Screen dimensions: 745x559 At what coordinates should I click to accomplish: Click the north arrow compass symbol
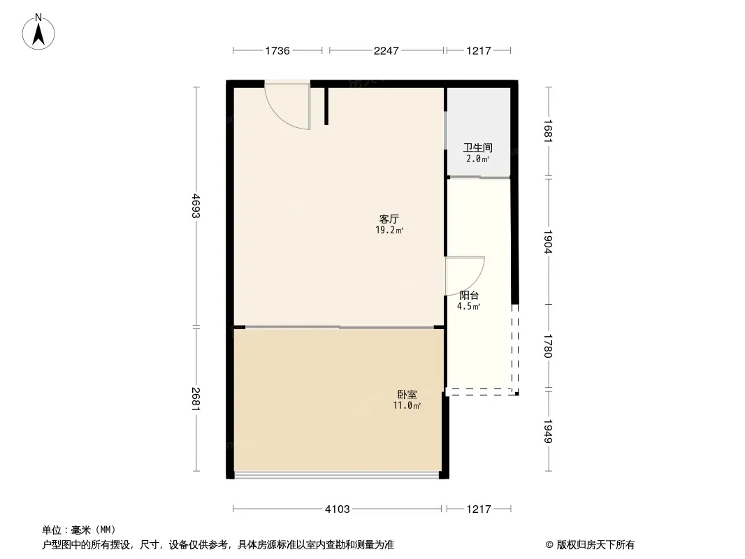click(x=38, y=32)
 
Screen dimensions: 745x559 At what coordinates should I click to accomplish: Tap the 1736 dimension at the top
click(x=277, y=50)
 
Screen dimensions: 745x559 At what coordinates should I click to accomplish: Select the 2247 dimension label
click(x=386, y=50)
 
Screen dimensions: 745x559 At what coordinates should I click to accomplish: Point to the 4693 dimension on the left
click(x=196, y=206)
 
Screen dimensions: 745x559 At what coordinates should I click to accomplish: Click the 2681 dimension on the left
click(x=196, y=399)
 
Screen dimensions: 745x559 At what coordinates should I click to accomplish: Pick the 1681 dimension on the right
click(x=549, y=131)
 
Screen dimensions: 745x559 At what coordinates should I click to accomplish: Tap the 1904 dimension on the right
click(x=549, y=242)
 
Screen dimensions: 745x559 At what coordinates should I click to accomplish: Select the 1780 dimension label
click(x=549, y=346)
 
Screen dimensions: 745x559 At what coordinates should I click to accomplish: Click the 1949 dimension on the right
click(x=549, y=431)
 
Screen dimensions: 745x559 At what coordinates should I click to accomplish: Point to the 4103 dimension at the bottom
click(x=338, y=509)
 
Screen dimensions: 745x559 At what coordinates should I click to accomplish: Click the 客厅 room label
click(x=389, y=219)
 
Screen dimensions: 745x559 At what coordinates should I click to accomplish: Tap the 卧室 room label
click(x=407, y=394)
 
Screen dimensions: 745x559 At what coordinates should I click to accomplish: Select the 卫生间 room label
click(x=478, y=147)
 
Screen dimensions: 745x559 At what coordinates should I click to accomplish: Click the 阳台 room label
click(x=469, y=295)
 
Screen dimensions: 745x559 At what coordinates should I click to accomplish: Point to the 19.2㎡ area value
click(x=389, y=231)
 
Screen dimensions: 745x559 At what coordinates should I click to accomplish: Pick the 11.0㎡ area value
click(x=407, y=405)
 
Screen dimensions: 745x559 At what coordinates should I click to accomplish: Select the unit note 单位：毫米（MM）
click(x=79, y=530)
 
